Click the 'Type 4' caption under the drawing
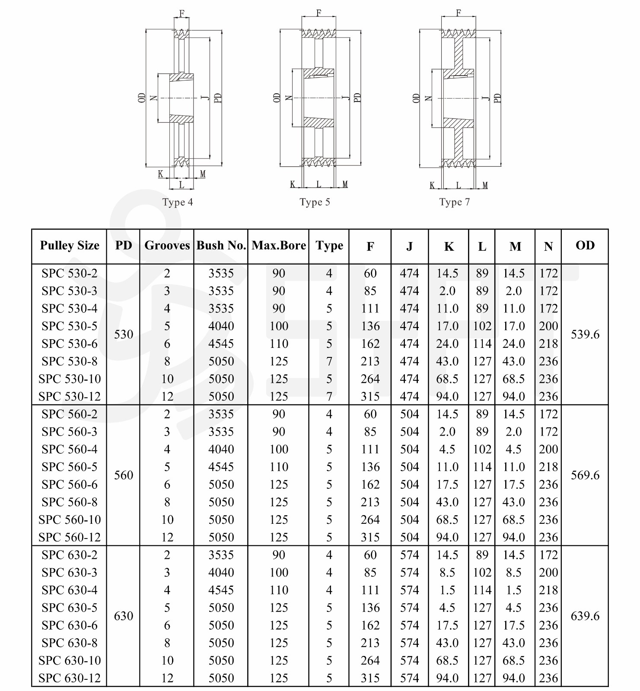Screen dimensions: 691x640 (x=178, y=202)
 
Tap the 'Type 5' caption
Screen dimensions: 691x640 (x=315, y=202)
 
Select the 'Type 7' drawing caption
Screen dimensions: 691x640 (x=454, y=202)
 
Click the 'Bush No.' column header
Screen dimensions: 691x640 (x=221, y=245)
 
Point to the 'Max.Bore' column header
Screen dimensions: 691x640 (x=279, y=245)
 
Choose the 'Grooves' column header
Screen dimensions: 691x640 (x=167, y=245)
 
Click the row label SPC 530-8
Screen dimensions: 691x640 (x=70, y=361)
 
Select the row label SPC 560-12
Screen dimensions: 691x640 (x=70, y=537)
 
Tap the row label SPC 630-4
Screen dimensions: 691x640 (x=70, y=590)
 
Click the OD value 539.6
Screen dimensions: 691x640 (x=585, y=334)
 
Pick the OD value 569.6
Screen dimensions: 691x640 (x=585, y=475)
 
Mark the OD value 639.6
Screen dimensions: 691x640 (x=585, y=616)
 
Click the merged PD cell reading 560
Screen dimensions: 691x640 (x=124, y=475)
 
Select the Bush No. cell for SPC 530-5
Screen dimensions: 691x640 (x=221, y=326)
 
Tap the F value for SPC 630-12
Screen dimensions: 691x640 (x=370, y=678)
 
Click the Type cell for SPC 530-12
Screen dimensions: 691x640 (x=329, y=396)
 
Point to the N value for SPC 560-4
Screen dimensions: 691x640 (x=548, y=449)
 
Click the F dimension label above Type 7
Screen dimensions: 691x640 (x=459, y=13)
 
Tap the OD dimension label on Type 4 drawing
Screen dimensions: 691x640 (x=142, y=98)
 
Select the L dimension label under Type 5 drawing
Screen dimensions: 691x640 (x=319, y=185)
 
